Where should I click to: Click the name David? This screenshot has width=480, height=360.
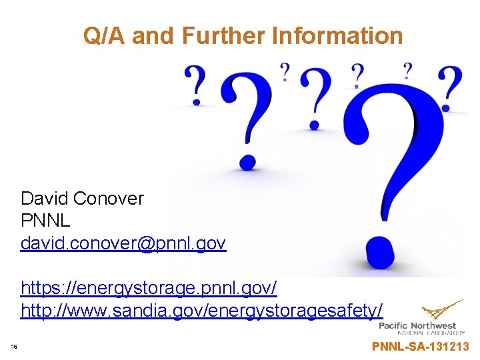pyautogui.click(x=45, y=198)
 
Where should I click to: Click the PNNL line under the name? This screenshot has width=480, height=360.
pyautogui.click(x=45, y=220)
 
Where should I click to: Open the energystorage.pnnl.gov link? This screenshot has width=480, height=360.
pyautogui.click(x=149, y=289)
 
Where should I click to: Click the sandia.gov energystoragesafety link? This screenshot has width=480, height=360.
pyautogui.click(x=202, y=310)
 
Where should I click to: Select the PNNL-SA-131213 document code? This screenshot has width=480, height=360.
pyautogui.click(x=420, y=346)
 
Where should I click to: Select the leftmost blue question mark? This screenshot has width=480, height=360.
pyautogui.click(x=195, y=84)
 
